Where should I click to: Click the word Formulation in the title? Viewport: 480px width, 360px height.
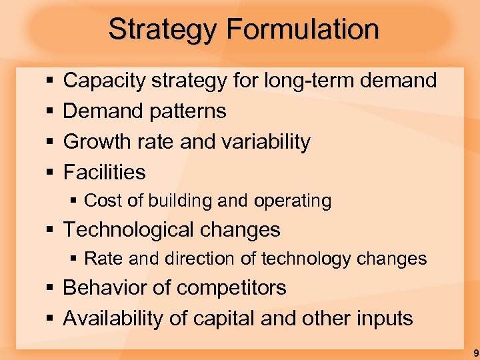303,29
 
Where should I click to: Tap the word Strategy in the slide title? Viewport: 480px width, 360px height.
163,29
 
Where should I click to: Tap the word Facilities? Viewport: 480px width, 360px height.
104,172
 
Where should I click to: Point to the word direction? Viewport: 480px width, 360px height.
183,259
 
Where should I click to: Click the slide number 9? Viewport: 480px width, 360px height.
475,353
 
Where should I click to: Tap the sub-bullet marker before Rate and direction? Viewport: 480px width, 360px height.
75,259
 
